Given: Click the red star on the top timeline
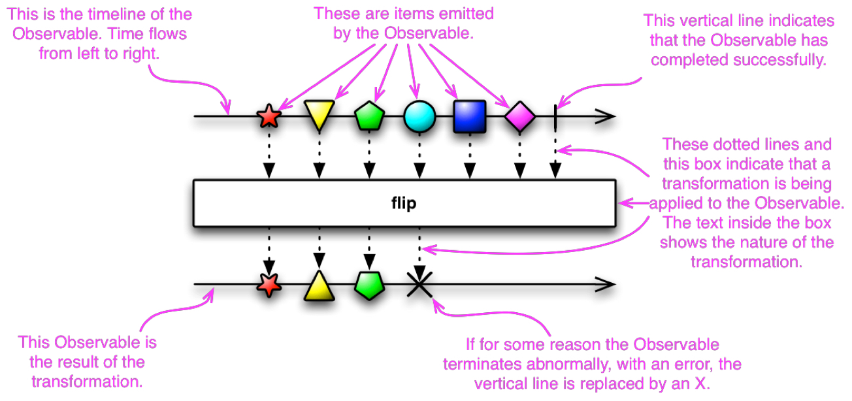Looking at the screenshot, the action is coord(269,116).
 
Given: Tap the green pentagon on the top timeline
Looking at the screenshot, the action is coord(369,116).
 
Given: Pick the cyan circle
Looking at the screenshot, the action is coord(419,116).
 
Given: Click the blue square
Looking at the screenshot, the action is coord(470,116).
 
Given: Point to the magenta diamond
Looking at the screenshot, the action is coord(520,116).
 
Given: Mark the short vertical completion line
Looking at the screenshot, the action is coord(555,118).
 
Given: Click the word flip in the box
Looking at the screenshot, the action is coord(404,203).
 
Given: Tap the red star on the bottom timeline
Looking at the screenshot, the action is coord(269,285).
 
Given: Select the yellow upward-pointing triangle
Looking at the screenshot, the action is coord(319,287).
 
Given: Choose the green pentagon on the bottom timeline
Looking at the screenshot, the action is coord(369,285).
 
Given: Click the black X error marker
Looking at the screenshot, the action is coord(419,284).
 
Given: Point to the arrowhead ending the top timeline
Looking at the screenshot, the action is coord(606,116).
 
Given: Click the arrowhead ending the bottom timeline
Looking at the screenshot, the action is coord(606,284).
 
